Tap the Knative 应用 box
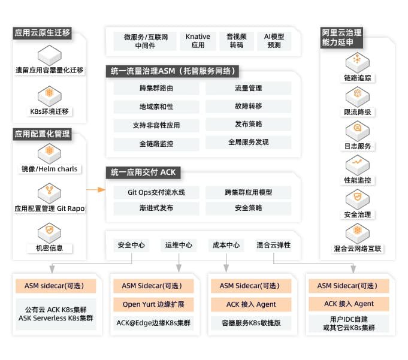point(198,41)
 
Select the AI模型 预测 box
point(274,41)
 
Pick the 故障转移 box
point(248,107)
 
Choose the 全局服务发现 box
point(248,143)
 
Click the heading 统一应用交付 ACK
point(144,173)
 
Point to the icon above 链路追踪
point(358,60)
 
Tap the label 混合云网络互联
point(358,249)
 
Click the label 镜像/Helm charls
point(50,169)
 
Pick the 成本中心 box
point(226,245)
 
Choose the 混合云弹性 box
point(273,245)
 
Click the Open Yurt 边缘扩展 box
point(153,304)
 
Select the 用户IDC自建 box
point(349,323)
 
